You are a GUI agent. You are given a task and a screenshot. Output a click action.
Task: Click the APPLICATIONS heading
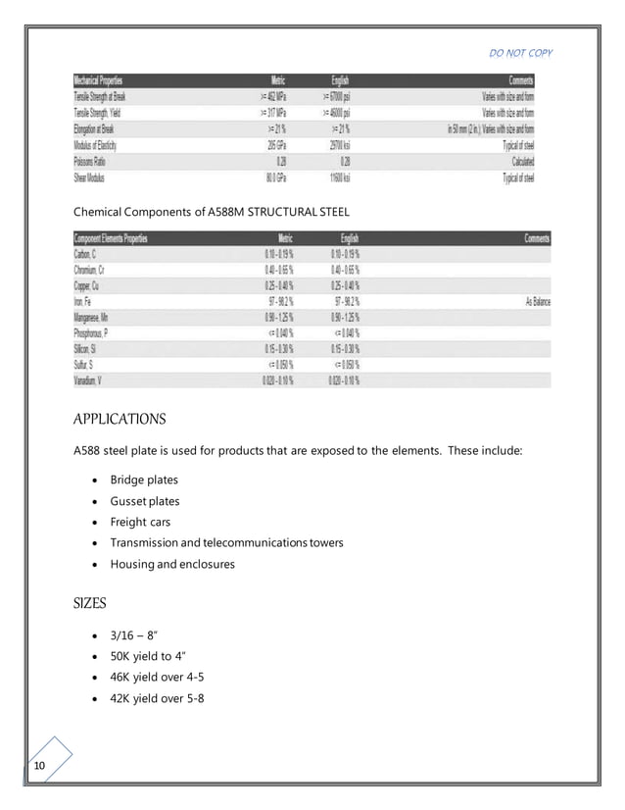[x=120, y=419]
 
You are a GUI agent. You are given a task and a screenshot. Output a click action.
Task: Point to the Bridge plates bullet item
[x=144, y=480]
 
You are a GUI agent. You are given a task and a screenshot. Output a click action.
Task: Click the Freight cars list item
[x=140, y=522]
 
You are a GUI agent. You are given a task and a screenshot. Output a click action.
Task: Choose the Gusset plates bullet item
[x=145, y=501]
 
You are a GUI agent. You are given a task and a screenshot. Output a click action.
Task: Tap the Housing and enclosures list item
[x=172, y=564]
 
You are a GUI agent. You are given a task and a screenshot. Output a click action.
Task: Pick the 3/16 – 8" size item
[x=135, y=638]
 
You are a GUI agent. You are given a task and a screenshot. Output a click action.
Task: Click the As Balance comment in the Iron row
[x=538, y=302]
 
